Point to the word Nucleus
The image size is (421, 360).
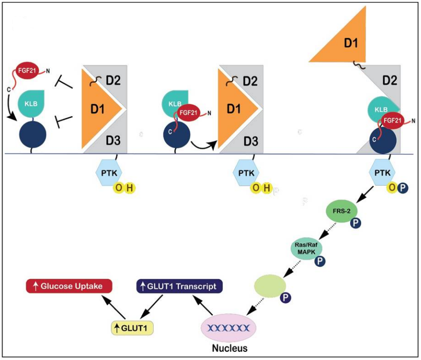point(229,349)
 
